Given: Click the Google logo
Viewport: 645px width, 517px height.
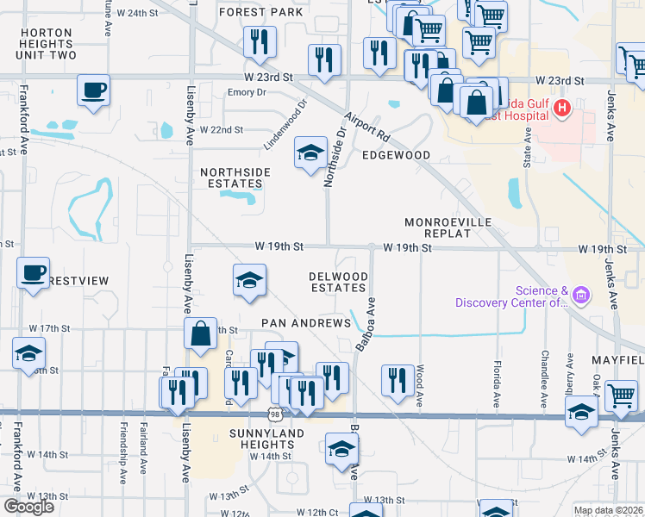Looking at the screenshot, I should [28, 507].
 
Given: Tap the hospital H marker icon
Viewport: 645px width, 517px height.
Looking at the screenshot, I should [562, 109].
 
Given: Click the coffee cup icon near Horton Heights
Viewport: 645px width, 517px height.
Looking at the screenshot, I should [93, 89].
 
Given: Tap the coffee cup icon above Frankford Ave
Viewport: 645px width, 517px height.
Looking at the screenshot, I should [33, 273].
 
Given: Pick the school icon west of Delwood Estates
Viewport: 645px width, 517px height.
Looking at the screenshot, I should [249, 280].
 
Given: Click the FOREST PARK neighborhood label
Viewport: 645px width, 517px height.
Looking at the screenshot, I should [261, 12].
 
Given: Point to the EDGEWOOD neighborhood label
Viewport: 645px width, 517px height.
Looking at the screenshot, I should [396, 155].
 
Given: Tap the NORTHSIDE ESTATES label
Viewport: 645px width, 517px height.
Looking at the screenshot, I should [235, 178].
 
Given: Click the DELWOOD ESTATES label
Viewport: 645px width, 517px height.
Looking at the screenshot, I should [339, 282].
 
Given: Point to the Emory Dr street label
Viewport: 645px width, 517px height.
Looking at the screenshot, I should [247, 92].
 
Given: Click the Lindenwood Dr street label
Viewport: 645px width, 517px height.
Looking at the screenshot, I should [285, 126].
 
